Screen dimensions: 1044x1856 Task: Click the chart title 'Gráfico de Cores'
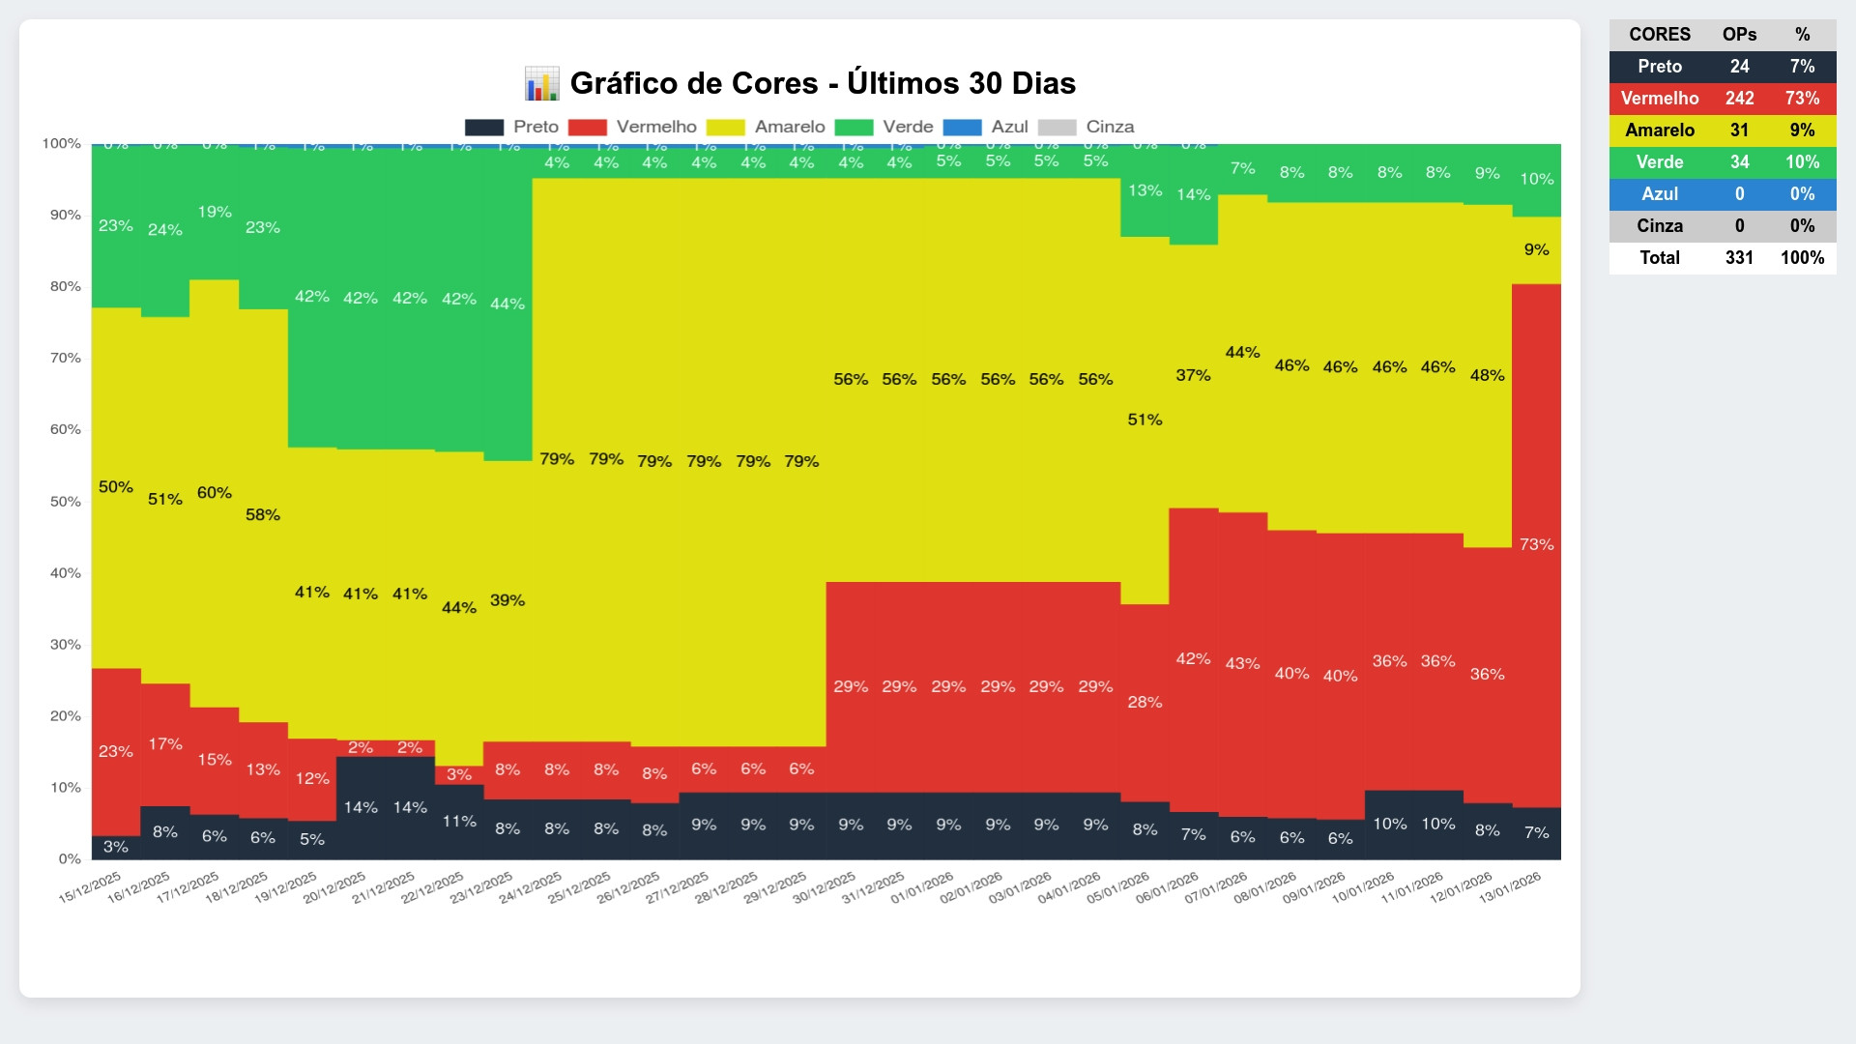[x=822, y=83]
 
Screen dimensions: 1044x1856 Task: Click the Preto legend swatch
[x=484, y=128]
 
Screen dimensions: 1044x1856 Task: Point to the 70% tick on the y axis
[x=66, y=358]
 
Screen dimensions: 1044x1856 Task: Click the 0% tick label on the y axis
[x=70, y=858]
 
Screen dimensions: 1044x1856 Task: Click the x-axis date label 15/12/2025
[x=91, y=886]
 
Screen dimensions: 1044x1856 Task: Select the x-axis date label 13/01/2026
[x=1511, y=886]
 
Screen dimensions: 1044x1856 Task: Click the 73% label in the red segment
[x=1536, y=544]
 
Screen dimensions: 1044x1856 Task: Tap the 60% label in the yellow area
[x=214, y=493]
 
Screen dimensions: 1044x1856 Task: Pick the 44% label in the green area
[x=507, y=304]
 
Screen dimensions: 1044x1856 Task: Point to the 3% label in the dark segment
[x=115, y=847]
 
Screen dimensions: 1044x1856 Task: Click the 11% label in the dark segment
[x=459, y=822]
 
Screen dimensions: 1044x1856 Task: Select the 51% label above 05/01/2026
[x=1145, y=420]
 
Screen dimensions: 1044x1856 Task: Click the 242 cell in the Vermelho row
[x=1739, y=99]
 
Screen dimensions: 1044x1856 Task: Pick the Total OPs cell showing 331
[x=1739, y=258]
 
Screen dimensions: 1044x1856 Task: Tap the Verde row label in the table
[x=1659, y=162]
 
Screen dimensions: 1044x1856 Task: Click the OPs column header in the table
[x=1739, y=35]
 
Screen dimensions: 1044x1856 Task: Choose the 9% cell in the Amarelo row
[x=1802, y=130]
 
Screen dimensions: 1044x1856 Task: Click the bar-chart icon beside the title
[x=541, y=83]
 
